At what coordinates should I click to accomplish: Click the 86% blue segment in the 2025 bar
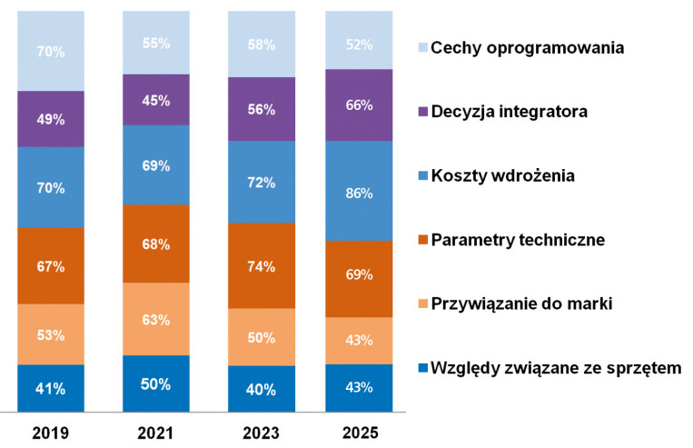point(359,191)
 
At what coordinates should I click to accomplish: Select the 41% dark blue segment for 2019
point(51,388)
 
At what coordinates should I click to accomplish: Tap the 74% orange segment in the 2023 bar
point(262,265)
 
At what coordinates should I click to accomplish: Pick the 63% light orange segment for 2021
point(156,318)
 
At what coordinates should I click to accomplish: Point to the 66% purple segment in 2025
point(359,105)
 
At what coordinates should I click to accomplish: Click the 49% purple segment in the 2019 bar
point(51,118)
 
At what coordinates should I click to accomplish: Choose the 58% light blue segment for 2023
point(262,44)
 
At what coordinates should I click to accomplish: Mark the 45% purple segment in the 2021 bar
point(156,100)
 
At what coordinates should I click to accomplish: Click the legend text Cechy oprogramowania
point(527,47)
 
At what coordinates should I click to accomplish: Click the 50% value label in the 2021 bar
point(156,383)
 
